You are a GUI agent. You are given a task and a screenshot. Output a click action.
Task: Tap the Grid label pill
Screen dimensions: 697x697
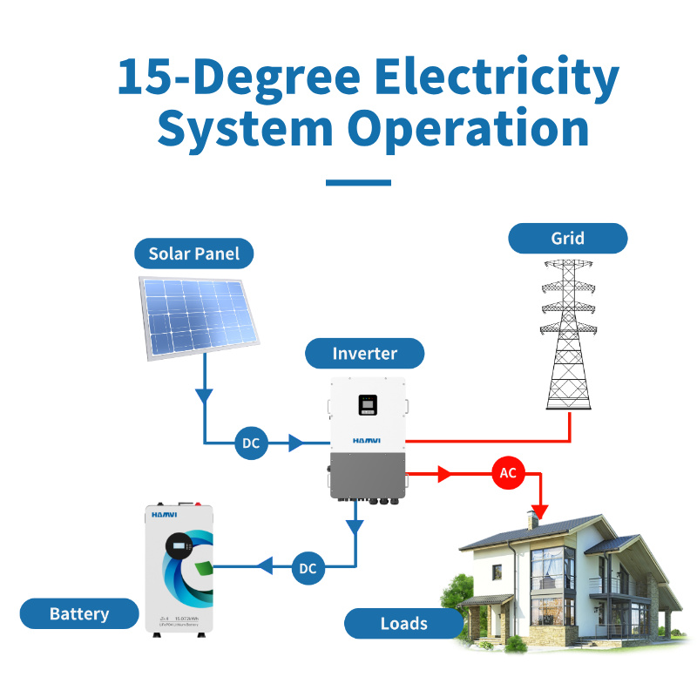pyautogui.click(x=567, y=238)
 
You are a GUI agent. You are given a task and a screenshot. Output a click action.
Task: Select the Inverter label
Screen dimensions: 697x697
pyautogui.click(x=364, y=354)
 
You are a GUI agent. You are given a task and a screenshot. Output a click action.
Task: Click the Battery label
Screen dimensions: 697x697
pyautogui.click(x=79, y=613)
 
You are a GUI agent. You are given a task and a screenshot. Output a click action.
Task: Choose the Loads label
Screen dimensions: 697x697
pyautogui.click(x=403, y=623)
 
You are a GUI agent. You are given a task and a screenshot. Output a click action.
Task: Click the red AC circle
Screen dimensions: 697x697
pyautogui.click(x=507, y=473)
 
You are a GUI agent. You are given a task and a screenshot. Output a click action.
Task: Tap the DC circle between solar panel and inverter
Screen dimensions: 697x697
pyautogui.click(x=251, y=443)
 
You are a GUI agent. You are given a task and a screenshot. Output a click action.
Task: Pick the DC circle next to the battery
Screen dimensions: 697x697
pyautogui.click(x=308, y=568)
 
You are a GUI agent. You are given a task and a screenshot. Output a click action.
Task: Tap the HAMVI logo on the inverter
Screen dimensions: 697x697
pyautogui.click(x=368, y=442)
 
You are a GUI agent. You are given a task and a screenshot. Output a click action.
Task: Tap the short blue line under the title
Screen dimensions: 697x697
pyautogui.click(x=357, y=183)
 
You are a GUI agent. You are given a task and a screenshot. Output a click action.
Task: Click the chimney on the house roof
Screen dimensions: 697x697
pyautogui.click(x=531, y=520)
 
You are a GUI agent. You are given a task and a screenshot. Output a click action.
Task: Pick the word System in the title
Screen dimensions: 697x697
pyautogui.click(x=245, y=128)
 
